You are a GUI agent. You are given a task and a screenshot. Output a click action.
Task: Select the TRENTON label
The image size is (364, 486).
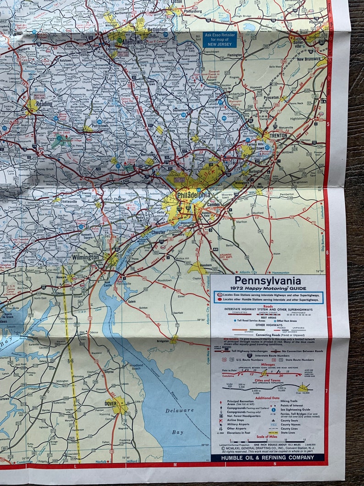(x=278, y=136)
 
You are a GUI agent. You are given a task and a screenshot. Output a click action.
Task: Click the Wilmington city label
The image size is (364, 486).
(x=85, y=257)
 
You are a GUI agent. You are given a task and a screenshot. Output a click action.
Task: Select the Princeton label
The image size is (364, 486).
(x=271, y=98)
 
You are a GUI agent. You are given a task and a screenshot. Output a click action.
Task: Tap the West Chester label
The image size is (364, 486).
(x=115, y=199)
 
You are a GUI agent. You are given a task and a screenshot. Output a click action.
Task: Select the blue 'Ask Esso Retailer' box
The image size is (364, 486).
(x=220, y=39)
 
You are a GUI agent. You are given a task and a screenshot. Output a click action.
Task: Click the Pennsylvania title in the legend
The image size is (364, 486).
(x=267, y=279)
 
